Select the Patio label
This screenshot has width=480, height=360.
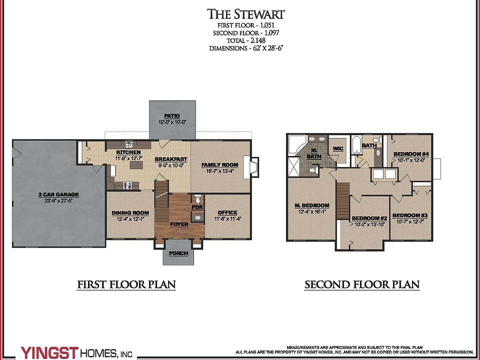pos(172,116)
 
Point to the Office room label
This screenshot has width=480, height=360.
pos(227,212)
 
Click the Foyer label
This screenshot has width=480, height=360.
pos(179,224)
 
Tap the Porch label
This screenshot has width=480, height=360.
pos(178,253)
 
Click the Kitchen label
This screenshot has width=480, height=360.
pos(128,152)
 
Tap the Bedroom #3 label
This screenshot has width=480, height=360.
pos(410,215)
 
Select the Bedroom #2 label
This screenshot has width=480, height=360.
pos(369,218)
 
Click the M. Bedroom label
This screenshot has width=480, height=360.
pos(312,205)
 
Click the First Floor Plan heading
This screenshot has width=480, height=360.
pos(126,285)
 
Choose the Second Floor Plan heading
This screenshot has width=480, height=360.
pos(362,285)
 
